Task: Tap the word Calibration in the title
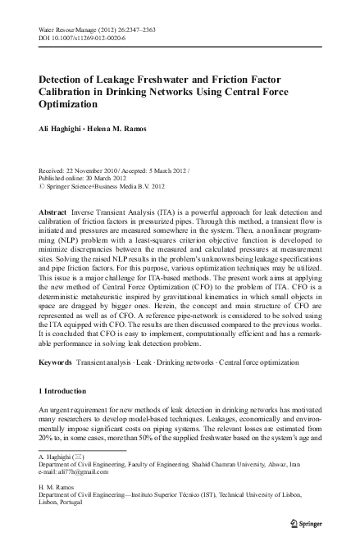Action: coord(72,91)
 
